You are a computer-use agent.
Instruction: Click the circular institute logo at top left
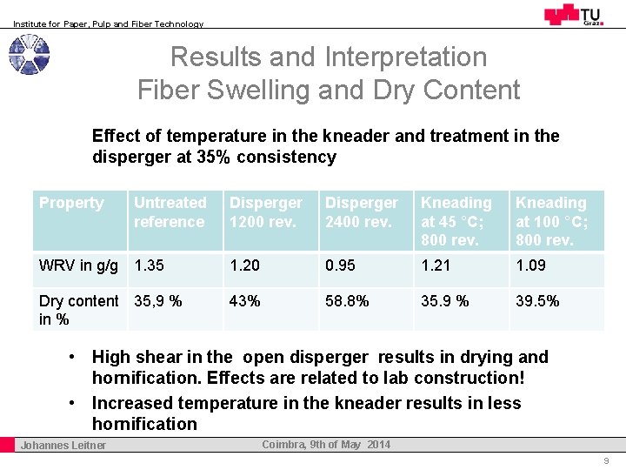(29, 55)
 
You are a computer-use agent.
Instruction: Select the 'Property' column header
(71, 203)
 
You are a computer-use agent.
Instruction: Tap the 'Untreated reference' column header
(170, 212)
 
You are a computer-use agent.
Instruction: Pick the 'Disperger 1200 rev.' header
(266, 212)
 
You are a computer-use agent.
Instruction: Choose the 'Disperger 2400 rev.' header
(362, 212)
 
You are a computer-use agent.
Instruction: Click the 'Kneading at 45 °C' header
(456, 221)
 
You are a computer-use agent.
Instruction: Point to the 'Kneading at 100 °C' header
(552, 221)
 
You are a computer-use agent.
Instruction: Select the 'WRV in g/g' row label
(79, 265)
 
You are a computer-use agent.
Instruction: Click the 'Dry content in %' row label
(78, 310)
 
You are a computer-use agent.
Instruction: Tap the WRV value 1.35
(149, 265)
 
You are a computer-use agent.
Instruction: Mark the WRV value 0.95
(341, 265)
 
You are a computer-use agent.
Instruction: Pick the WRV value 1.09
(531, 265)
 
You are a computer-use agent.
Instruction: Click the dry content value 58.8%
(347, 301)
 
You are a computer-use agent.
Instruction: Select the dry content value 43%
(245, 301)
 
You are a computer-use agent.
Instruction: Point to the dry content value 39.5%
(537, 301)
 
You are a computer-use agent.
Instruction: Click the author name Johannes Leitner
(63, 446)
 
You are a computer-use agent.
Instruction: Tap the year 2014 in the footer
(378, 445)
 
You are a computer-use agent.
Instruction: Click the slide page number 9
(606, 461)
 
